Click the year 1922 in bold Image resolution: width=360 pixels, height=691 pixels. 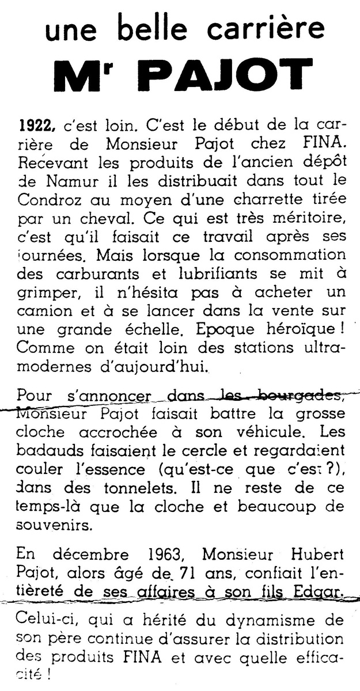tap(37, 124)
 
